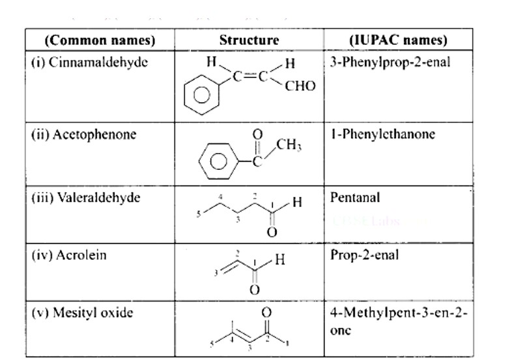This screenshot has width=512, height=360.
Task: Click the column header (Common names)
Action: (100, 40)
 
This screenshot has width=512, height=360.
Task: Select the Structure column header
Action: (248, 40)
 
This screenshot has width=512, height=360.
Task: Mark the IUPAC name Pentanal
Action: (355, 197)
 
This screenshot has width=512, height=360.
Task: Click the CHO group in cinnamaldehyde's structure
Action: (300, 86)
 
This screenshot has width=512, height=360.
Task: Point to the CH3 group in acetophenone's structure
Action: (289, 145)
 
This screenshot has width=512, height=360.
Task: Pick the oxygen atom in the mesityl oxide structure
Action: (265, 312)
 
